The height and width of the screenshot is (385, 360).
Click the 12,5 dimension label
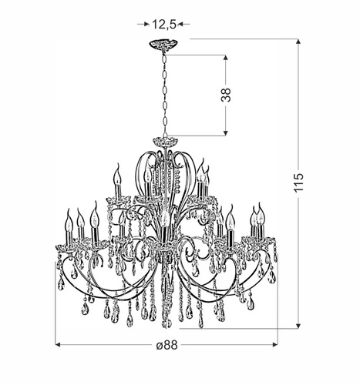[162, 23]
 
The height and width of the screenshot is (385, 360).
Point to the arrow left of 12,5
[143, 24]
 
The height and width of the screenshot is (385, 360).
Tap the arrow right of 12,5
[182, 24]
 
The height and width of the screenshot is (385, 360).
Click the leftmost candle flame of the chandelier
[66, 220]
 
